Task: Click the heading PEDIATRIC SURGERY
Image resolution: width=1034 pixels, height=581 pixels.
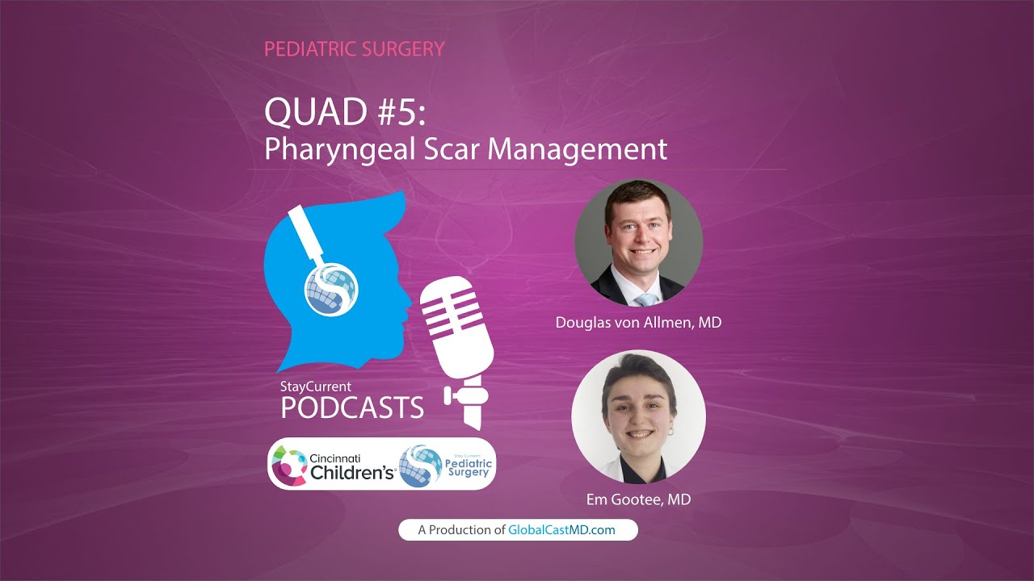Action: pyautogui.click(x=354, y=49)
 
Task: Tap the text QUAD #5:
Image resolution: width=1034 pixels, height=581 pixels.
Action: pyautogui.click(x=344, y=112)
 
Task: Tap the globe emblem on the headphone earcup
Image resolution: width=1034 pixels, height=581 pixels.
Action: pyautogui.click(x=331, y=286)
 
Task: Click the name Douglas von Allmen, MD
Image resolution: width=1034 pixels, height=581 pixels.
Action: pyautogui.click(x=638, y=323)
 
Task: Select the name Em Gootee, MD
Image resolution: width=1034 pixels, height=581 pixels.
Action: pyautogui.click(x=638, y=499)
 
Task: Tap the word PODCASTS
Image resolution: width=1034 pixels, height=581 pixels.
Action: pyautogui.click(x=352, y=408)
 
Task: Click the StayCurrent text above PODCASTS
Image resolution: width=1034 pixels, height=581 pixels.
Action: pyautogui.click(x=315, y=387)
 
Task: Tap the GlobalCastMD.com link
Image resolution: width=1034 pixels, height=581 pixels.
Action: pyautogui.click(x=561, y=530)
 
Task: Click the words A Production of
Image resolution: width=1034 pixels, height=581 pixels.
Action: pyautogui.click(x=461, y=530)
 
